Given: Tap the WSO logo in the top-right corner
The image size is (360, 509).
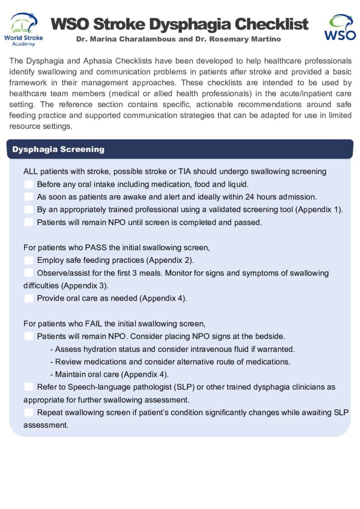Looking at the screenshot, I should click(340, 27).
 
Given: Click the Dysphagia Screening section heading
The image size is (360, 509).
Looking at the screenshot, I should click(58, 149).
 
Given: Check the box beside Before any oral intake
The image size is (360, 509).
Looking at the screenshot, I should click(29, 184).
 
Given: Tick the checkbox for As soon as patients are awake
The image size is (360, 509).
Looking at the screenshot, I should click(29, 197).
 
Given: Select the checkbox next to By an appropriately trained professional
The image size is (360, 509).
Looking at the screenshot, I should click(29, 210).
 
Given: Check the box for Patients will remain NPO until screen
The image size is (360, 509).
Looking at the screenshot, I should click(29, 222).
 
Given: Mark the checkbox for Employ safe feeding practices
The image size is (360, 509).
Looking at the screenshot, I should click(29, 260).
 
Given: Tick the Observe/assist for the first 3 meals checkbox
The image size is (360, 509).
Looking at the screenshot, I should click(29, 273).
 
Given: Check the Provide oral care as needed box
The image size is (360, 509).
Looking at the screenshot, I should click(29, 298).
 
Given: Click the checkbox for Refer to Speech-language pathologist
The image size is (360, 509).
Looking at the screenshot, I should click(29, 387).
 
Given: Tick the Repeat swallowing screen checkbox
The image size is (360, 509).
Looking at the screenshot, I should click(29, 412).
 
